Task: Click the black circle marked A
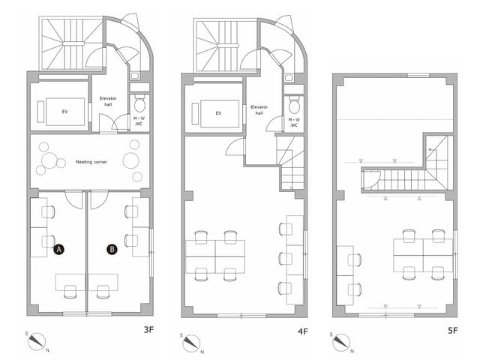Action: (x=58, y=249)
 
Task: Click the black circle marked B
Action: (x=112, y=249)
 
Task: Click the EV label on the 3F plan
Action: (x=64, y=112)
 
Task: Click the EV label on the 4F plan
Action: (x=218, y=113)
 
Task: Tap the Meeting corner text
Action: (x=94, y=161)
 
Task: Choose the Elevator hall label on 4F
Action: (x=259, y=110)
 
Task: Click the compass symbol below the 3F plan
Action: (x=36, y=342)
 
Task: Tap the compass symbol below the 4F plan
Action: (x=191, y=342)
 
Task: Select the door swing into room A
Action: (x=75, y=199)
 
